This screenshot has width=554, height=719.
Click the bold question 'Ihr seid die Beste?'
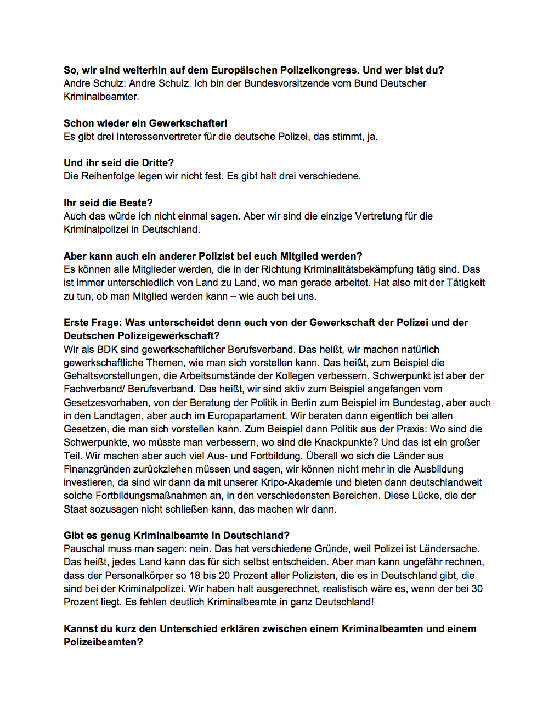pyautogui.click(x=108, y=203)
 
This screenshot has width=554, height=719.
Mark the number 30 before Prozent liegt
pyautogui.click(x=477, y=589)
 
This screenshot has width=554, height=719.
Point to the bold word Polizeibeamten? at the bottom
pyautogui.click(x=103, y=642)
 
